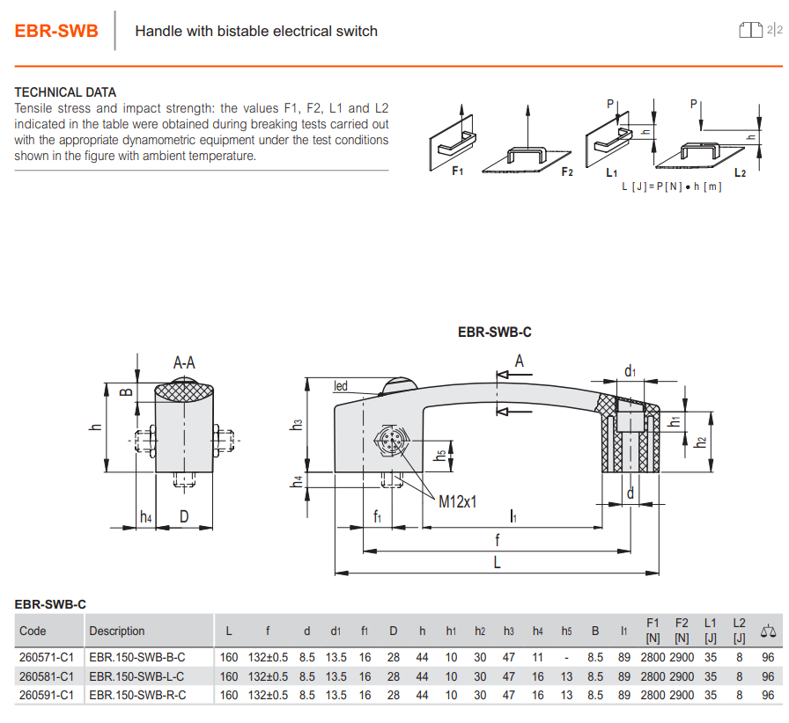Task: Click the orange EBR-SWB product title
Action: pos(56,31)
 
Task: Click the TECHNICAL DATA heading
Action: pos(65,92)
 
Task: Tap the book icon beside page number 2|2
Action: pos(750,30)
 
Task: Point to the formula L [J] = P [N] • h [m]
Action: pos(672,186)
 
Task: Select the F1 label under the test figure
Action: pos(457,172)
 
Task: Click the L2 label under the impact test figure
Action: pos(740,173)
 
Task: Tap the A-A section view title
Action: pos(184,362)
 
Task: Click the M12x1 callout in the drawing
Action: pos(457,501)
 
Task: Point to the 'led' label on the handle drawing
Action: pos(341,386)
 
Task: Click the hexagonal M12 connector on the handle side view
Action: pos(392,441)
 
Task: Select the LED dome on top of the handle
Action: pos(399,384)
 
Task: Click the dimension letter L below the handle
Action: pos(498,562)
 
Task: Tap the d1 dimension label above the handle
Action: pos(630,371)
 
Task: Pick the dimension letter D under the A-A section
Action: pos(184,516)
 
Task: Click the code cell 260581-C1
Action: pos(47,676)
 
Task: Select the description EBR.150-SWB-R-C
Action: pos(137,696)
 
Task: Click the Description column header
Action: pos(117,631)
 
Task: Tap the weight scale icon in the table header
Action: pos(768,631)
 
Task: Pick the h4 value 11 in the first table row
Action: pos(537,658)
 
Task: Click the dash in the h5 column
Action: pos(566,658)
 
